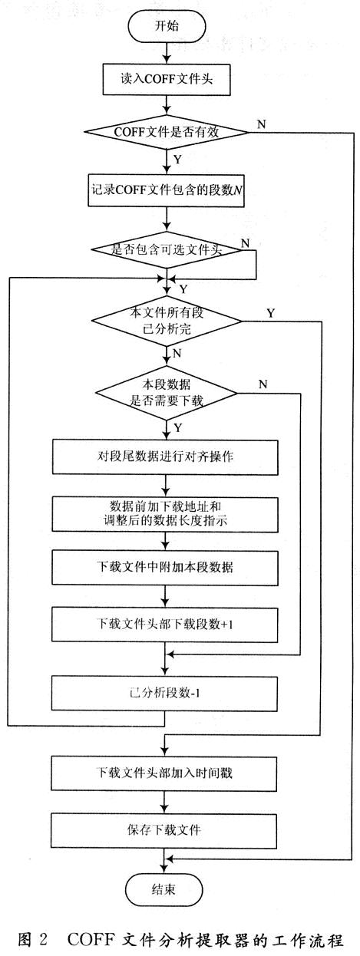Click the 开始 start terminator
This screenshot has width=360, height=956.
166,26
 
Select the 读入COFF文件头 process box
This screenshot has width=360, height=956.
166,79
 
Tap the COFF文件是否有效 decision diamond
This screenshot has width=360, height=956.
166,132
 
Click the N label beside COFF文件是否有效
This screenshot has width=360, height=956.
261,124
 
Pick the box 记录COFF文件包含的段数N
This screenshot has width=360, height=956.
166,190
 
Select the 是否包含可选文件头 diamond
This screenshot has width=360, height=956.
166,249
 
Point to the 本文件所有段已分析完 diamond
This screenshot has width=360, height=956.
166,321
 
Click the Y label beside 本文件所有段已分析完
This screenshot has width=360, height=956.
270,313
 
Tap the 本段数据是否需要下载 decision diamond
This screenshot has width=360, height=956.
166,393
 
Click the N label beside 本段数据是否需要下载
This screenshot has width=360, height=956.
263,384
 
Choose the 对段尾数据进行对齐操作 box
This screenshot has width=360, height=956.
165,457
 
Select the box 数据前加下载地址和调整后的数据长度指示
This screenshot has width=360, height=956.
165,513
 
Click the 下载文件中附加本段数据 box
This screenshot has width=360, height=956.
165,568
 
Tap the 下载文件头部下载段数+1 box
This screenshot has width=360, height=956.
165,625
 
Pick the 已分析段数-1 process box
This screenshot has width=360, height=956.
164,693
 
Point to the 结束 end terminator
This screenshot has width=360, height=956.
163,889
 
